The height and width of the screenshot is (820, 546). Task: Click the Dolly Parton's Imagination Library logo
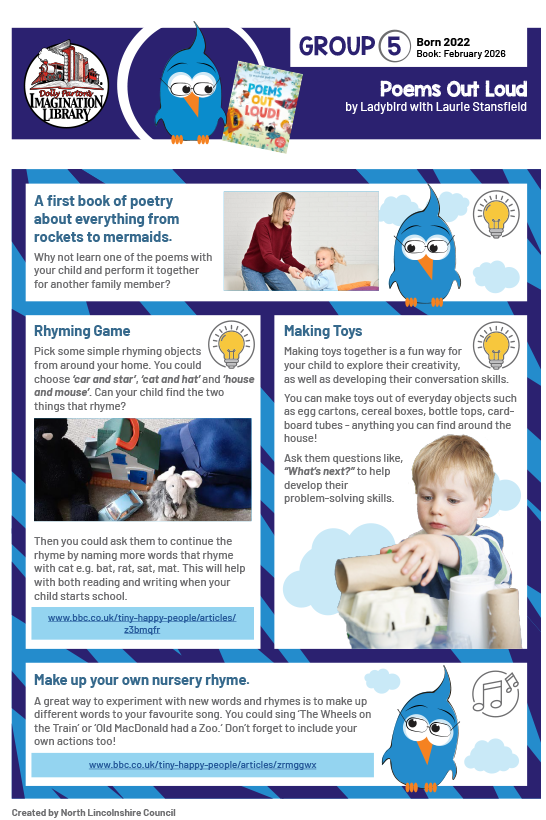pos(66,85)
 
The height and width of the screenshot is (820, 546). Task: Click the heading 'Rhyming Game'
pos(82,331)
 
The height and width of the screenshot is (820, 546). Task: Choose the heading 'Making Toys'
pos(323,331)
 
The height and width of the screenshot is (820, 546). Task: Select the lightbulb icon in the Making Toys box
pos(497,343)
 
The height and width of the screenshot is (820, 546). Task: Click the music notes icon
pos(498,690)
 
